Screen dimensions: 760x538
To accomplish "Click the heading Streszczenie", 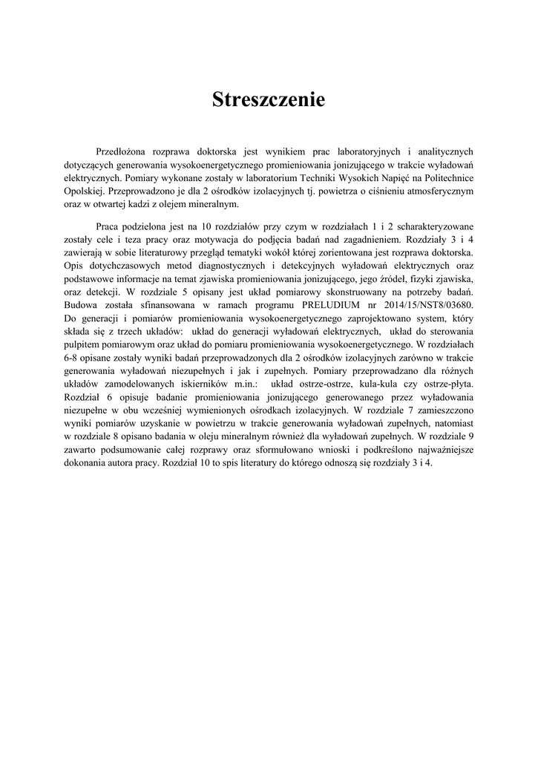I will click(x=269, y=100).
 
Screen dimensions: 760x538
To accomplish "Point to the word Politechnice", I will click(x=447, y=177).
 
